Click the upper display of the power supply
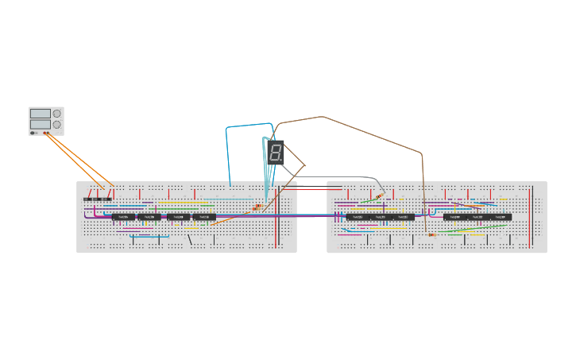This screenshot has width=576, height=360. click(41, 114)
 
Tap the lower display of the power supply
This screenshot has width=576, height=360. click(41, 125)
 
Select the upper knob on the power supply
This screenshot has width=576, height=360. click(57, 114)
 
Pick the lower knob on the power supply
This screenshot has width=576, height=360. click(57, 125)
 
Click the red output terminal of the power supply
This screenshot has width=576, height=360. click(45, 133)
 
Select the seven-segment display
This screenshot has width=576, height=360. click(274, 152)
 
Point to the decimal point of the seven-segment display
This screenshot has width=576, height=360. click(280, 160)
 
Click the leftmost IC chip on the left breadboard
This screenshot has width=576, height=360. click(123, 217)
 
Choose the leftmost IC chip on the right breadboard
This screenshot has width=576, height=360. click(357, 217)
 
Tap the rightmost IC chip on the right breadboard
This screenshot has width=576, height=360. click(501, 217)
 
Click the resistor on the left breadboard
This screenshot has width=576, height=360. click(257, 207)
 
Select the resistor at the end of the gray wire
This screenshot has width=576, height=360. click(379, 196)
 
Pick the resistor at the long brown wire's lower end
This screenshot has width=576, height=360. click(431, 234)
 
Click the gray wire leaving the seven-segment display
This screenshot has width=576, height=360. click(334, 176)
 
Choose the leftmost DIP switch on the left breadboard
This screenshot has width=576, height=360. click(87, 199)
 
